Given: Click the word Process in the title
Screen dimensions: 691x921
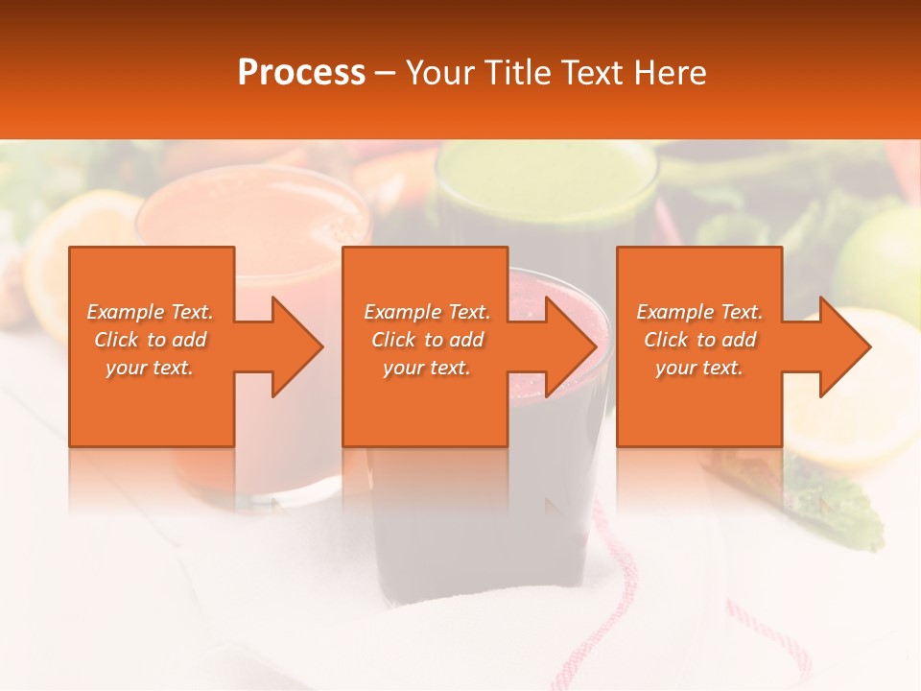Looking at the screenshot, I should (301, 73).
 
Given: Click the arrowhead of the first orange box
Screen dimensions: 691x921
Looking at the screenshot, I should (293, 346).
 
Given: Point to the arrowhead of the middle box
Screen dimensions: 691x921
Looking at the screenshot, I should (566, 346).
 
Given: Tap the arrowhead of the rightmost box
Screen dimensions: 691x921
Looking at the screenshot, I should (840, 346).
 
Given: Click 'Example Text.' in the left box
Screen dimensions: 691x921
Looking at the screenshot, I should (150, 312).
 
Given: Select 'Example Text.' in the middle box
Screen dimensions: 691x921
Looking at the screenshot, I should (426, 312).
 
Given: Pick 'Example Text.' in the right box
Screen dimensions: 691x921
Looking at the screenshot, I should (698, 312).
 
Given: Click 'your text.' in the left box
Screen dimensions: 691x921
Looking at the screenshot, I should (150, 368).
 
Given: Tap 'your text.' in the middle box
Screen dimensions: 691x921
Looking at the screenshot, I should (426, 368).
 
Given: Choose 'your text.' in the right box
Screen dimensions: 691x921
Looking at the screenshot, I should (698, 368).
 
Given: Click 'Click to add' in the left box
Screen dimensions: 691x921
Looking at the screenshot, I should (150, 340).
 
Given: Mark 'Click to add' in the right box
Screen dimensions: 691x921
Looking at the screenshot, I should (698, 340).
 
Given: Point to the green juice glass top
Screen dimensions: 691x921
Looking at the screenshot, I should (547, 178).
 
